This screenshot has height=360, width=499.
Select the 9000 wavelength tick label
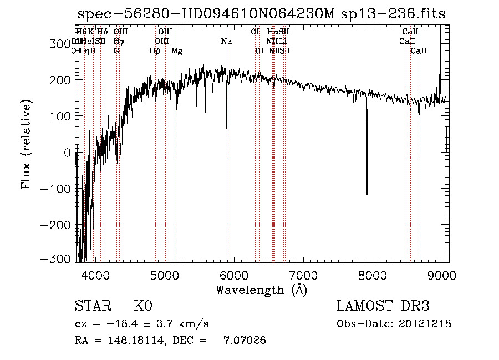click(442, 275)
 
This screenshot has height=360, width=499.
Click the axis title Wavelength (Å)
click(261, 290)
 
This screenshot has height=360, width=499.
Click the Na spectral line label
click(226, 42)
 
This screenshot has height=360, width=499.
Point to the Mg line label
click(177, 51)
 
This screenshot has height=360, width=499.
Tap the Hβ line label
click(155, 51)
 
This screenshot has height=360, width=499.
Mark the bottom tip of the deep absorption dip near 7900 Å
click(366, 194)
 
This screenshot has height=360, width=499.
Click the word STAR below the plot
click(92, 306)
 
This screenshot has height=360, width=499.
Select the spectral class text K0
click(143, 306)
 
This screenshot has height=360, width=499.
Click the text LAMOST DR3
click(383, 306)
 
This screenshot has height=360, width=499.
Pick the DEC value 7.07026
click(245, 341)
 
